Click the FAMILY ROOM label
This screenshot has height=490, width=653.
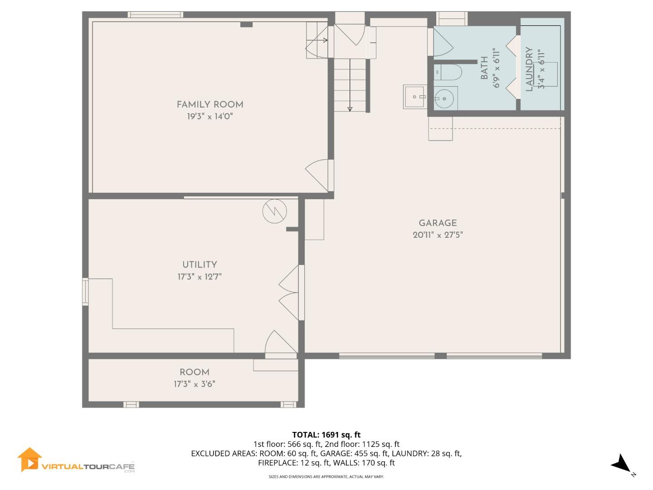210,105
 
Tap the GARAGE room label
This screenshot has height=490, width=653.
438,223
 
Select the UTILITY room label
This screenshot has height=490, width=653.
200,265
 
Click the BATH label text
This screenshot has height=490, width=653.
484,68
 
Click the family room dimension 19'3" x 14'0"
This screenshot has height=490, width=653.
210,117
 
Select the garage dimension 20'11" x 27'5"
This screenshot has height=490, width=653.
438,235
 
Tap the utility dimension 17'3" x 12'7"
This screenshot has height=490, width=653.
200,277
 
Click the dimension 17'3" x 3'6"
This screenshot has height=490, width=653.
195,384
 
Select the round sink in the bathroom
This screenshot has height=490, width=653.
444,98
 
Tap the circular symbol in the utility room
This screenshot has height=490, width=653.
274,211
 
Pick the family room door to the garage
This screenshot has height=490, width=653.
319,175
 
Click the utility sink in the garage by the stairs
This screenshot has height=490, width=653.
414,97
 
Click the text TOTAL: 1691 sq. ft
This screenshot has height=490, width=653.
326,435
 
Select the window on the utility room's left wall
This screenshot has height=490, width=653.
85,292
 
